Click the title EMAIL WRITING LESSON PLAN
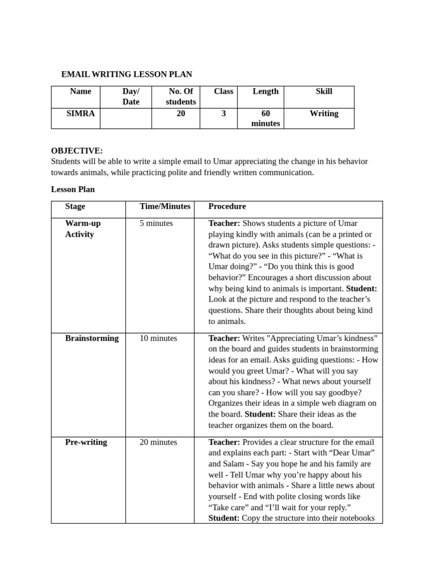click(x=127, y=74)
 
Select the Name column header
click(x=80, y=91)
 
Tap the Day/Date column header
click(x=131, y=97)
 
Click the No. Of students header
click(x=181, y=97)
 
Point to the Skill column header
click(x=324, y=91)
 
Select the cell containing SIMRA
click(x=80, y=113)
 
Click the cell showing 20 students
click(x=181, y=113)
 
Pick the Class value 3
click(x=224, y=113)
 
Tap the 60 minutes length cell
click(x=265, y=119)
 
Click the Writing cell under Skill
click(x=324, y=113)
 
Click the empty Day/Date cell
click(x=126, y=119)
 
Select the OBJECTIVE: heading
click(x=77, y=151)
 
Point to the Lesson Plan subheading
click(x=73, y=189)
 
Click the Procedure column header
click(x=227, y=207)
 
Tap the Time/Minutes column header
click(x=165, y=207)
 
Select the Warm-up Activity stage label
click(x=83, y=229)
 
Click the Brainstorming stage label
click(x=92, y=338)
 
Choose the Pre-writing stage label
click(x=86, y=442)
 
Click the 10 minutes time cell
click(x=158, y=338)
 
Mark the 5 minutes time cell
click(x=156, y=224)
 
